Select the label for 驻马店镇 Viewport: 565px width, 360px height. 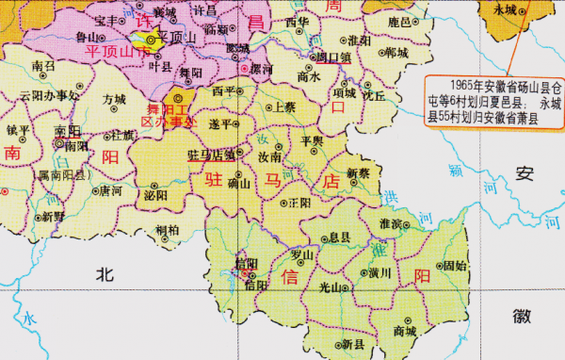[211, 155]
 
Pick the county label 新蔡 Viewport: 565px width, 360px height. [358, 172]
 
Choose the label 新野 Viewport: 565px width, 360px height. [53, 216]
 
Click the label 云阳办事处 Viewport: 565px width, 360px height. [48, 96]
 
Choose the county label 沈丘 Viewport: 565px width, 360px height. [374, 95]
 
